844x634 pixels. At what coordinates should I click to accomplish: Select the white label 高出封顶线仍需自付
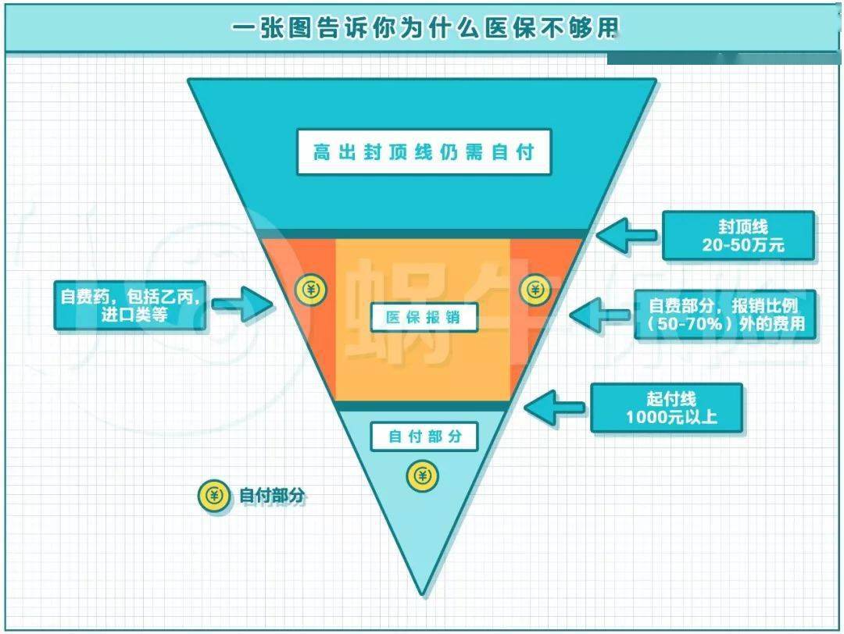tap(424, 152)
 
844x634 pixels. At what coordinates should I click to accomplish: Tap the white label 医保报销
tap(424, 317)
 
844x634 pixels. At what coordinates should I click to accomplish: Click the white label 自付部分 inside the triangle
tap(424, 436)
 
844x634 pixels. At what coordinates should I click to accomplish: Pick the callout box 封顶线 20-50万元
tap(738, 236)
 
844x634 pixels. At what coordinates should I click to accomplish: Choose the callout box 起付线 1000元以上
tap(667, 408)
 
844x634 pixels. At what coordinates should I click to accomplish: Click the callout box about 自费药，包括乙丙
tap(130, 305)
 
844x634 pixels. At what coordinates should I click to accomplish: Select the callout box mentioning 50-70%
tap(725, 315)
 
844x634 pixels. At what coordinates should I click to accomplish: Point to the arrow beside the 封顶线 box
tap(627, 235)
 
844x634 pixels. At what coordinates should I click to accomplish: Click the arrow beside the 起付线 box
tap(554, 408)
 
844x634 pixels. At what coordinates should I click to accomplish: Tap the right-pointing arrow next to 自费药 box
tap(242, 305)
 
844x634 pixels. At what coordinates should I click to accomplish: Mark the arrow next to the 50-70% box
tap(599, 315)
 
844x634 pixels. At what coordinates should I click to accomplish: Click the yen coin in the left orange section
tap(311, 290)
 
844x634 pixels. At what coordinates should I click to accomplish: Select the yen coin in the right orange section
tap(535, 290)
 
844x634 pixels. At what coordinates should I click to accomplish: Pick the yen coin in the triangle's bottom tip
tap(423, 476)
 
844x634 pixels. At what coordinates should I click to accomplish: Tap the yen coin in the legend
tap(214, 495)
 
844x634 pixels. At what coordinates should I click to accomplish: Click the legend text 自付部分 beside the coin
tap(272, 495)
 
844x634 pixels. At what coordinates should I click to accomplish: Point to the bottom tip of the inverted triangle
tap(423, 596)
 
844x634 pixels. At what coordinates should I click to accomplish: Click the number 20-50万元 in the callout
tap(743, 245)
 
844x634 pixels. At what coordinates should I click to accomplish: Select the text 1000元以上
tap(671, 417)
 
